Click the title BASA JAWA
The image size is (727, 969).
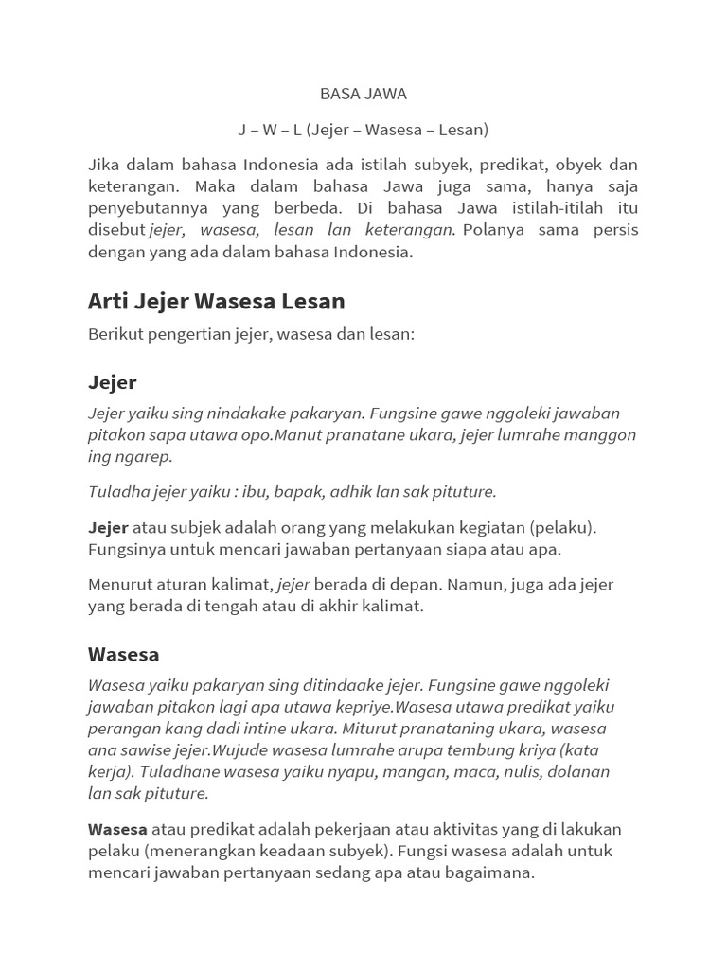pyautogui.click(x=363, y=94)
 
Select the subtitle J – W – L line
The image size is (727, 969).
pyautogui.click(x=363, y=129)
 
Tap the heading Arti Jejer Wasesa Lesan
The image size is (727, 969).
pyautogui.click(x=216, y=301)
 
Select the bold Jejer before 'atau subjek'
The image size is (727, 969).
pyautogui.click(x=108, y=527)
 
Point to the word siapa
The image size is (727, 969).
pyautogui.click(x=485, y=549)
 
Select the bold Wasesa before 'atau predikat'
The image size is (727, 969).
pyautogui.click(x=117, y=830)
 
